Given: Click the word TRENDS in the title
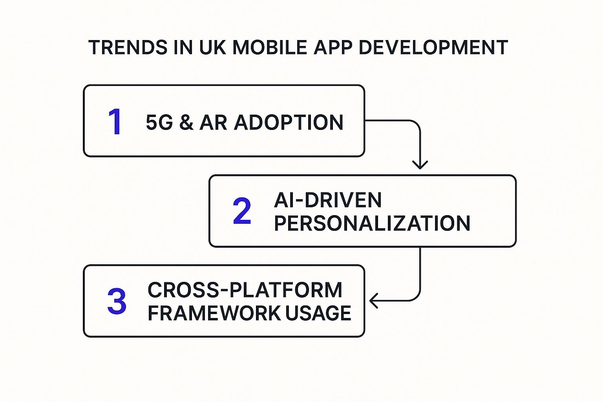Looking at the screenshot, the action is (128, 48).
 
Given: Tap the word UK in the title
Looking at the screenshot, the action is (212, 48).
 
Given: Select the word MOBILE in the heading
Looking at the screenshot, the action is (269, 48).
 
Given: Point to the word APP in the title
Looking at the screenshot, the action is (333, 48).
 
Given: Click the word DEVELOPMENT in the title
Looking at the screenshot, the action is (433, 48).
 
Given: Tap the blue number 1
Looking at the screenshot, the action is (115, 121).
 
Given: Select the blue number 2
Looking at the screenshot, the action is (242, 211).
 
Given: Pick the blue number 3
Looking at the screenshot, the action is (117, 301).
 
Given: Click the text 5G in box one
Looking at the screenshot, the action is (159, 122).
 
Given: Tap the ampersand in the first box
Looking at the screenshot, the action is (186, 122).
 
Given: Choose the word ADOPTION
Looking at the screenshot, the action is (289, 122).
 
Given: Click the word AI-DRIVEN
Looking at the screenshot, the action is (328, 200).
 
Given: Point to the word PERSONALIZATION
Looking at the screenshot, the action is (372, 223).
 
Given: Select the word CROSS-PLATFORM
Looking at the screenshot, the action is (245, 290).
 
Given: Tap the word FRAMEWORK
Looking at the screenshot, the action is (214, 313).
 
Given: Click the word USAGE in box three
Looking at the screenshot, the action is (318, 313).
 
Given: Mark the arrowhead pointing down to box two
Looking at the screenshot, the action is (420, 165).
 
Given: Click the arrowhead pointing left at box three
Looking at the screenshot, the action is (374, 300).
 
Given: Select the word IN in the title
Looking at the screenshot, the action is (183, 48).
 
